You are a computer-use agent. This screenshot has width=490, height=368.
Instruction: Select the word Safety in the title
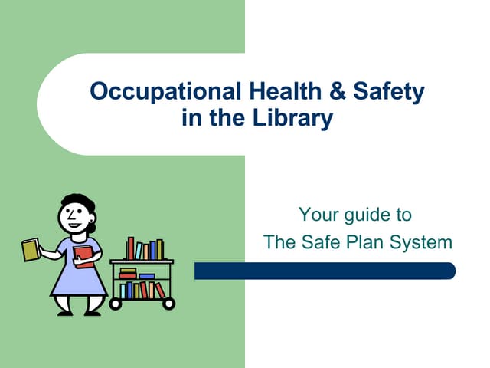[389, 93]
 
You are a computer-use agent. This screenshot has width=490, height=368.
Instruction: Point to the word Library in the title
[301, 119]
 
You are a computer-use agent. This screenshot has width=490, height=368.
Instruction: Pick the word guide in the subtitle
[363, 215]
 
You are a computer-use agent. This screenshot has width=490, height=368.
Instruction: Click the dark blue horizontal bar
[325, 271]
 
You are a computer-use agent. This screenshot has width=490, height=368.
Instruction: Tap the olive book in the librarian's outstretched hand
[31, 250]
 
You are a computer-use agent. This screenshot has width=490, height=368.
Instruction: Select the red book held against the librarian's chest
[83, 255]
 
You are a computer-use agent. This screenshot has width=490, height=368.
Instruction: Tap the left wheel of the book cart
[116, 304]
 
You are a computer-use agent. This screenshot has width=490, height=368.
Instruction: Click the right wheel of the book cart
[169, 304]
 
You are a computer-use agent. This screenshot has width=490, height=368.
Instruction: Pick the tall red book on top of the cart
[131, 248]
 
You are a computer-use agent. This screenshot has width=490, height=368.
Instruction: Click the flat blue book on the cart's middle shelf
[146, 275]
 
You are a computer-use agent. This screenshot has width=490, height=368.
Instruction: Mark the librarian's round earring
[91, 228]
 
